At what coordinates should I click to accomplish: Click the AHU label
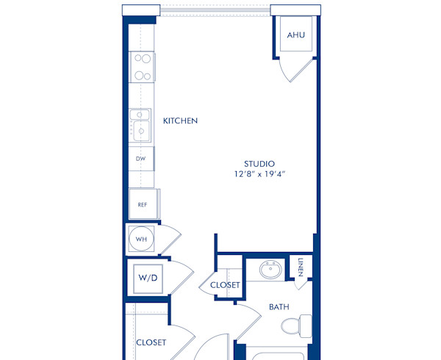[x=295, y=35]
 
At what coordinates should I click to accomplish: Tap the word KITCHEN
[x=180, y=120]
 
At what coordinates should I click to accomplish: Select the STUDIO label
[x=260, y=163]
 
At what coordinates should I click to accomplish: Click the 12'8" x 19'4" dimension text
[x=260, y=174]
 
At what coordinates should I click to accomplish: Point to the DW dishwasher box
[x=140, y=158]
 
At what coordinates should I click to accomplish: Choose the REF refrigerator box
[x=143, y=204]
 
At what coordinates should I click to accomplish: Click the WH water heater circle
[x=140, y=238]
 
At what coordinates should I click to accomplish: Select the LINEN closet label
[x=301, y=267]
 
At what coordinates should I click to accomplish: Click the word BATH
[x=278, y=306]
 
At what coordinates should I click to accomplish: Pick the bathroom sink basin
[x=270, y=269]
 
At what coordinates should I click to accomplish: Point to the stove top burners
[x=142, y=67]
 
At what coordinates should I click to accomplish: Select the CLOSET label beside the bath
[x=226, y=285]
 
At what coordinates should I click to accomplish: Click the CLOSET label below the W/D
[x=151, y=342]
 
